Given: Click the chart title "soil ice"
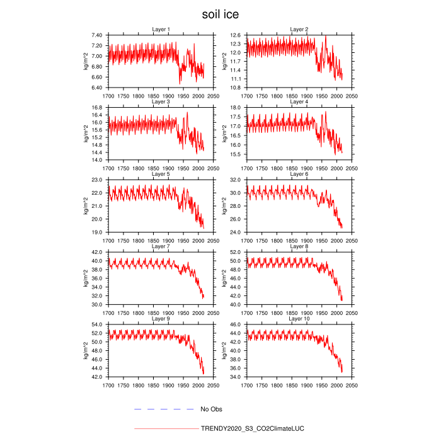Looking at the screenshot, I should (220, 13).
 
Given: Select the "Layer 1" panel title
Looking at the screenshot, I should (161, 30).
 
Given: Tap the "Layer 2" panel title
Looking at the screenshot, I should (299, 30).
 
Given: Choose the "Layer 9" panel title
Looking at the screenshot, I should (161, 318).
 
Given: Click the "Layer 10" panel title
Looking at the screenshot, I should (299, 318).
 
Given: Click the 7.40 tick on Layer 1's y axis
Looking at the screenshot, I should (98, 35).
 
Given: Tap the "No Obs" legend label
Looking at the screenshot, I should (211, 409).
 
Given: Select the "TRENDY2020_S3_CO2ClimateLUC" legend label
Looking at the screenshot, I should (252, 428).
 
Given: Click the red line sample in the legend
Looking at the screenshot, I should (166, 428).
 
